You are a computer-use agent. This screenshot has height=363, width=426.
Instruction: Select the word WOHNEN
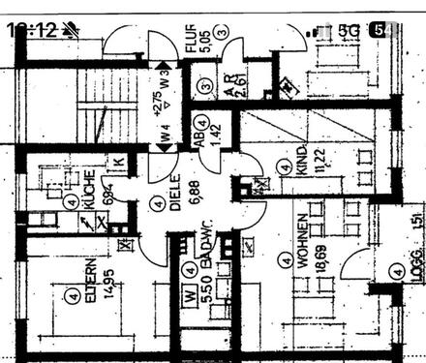click(x=304, y=241)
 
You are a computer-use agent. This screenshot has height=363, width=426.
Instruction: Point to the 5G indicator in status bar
click(x=350, y=30)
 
